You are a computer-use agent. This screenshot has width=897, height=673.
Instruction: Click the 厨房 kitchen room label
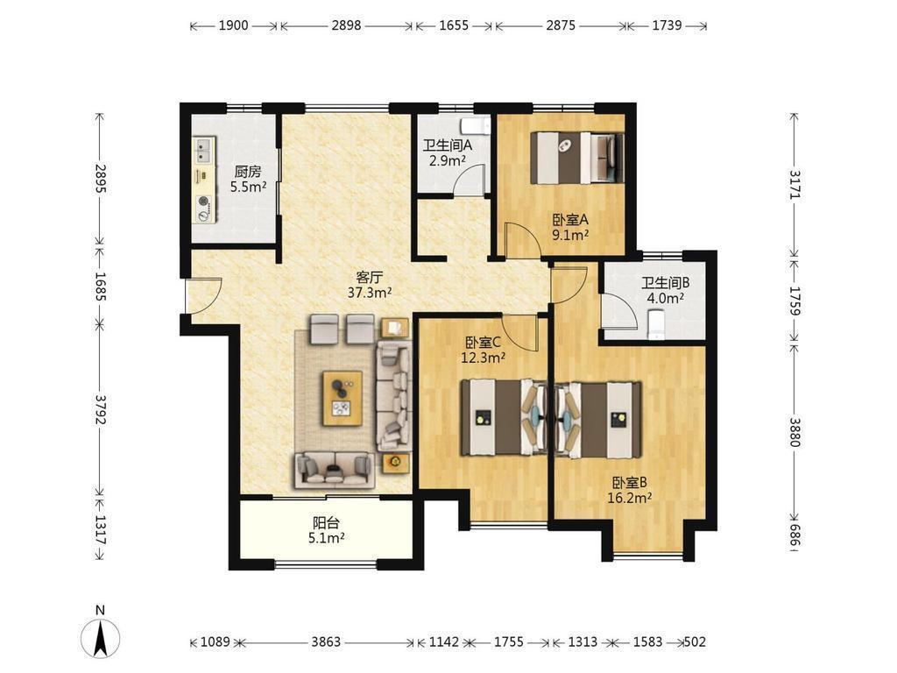pos(248,171)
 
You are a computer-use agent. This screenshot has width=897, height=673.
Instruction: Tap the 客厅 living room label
pos(369,278)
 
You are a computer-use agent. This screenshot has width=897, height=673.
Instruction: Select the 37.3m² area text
pos(370,293)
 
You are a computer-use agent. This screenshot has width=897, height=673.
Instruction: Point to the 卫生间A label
pos(448,146)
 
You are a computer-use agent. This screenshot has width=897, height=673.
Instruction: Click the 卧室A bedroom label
pos(570,220)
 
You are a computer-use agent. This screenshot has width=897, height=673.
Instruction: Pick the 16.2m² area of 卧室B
pos(629,498)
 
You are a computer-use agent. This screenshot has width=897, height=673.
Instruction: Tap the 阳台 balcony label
pos(326,522)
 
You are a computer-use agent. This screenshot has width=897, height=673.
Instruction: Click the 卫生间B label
pos(666,283)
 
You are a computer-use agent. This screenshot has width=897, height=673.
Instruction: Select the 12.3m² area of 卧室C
pos(484,358)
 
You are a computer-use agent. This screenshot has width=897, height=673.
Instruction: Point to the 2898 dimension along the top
pos(346,25)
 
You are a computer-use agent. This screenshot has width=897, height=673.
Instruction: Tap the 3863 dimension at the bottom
pos(326,642)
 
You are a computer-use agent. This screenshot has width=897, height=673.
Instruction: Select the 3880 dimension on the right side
pos(795,432)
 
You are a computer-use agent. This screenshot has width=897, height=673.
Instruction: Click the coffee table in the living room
pos(343,399)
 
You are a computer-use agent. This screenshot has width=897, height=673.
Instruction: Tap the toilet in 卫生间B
pos(656,324)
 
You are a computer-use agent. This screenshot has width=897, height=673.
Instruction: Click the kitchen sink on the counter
pos(203,150)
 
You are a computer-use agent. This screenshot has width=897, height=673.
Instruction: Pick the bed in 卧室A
pos(577,158)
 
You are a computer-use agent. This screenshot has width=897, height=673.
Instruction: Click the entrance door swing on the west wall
pos(204,295)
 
